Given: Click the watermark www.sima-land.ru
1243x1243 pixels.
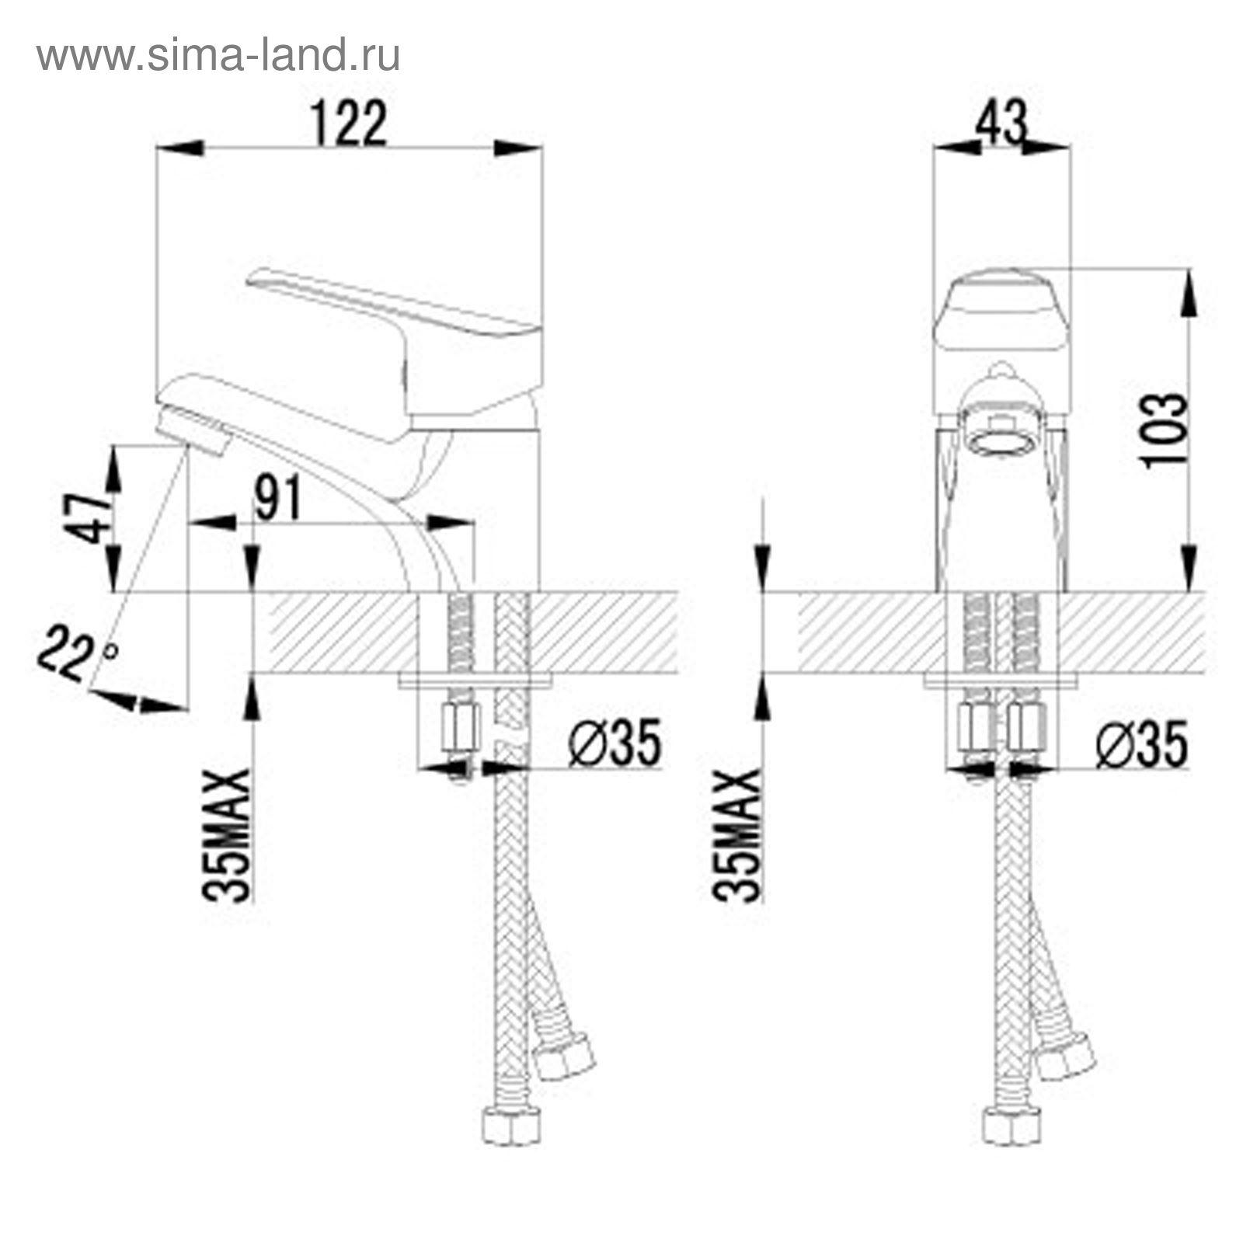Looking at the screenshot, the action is pos(218,55).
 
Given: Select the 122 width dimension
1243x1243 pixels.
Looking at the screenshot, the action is pos(349,124).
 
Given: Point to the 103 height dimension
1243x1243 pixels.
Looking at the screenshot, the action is pos(1164,430).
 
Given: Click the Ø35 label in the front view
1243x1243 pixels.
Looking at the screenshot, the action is pos(1142,743).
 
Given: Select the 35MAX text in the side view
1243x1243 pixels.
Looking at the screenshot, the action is pos(228,835).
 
